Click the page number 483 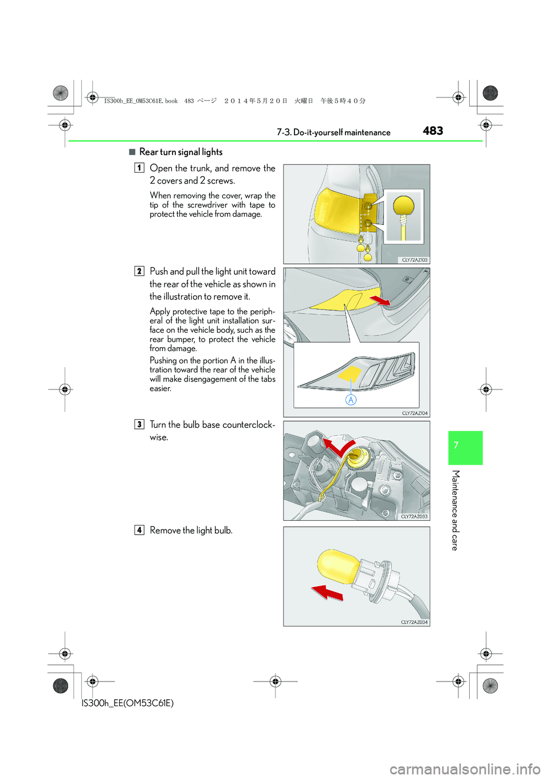[x=433, y=131]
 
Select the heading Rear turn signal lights [x=180, y=152]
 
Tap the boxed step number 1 [x=139, y=168]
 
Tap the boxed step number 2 [x=139, y=271]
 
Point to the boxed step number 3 [x=139, y=424]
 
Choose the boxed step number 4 [x=139, y=530]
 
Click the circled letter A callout [x=351, y=400]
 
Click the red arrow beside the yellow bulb [x=327, y=592]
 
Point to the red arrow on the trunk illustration [x=379, y=300]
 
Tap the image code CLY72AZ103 [x=415, y=260]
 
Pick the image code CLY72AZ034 [x=414, y=622]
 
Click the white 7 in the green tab [x=456, y=445]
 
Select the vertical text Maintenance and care [x=456, y=510]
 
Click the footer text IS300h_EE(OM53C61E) [x=127, y=703]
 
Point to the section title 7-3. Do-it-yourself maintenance [x=333, y=133]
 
